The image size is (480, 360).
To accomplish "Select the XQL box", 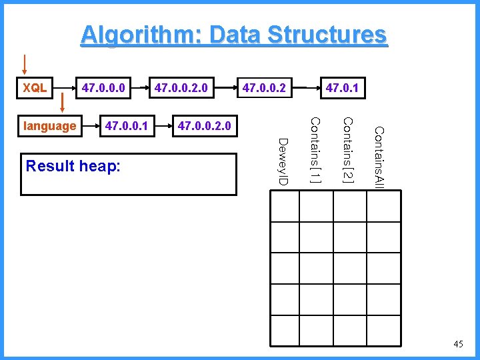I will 35,87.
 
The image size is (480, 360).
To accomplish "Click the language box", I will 49,125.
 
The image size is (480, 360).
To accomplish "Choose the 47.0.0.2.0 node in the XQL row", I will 181,87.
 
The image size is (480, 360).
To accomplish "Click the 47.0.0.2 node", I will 265,87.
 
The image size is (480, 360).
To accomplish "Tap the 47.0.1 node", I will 342,87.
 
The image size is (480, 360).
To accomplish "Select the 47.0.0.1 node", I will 127,125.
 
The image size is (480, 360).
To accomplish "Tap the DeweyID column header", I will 283,162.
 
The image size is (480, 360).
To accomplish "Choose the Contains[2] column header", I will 347,150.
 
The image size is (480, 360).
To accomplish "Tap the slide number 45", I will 458,344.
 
